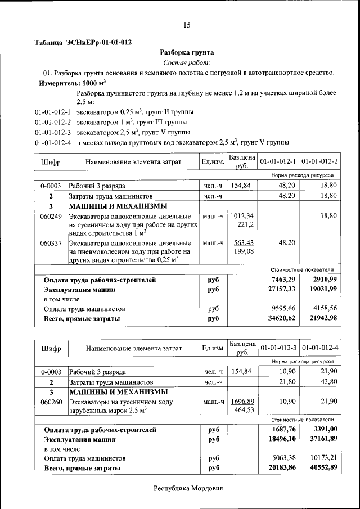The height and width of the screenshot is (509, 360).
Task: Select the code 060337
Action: click(x=51, y=243)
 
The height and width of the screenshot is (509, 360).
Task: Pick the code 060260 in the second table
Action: click(x=51, y=402)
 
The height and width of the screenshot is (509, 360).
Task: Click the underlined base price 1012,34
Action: click(x=242, y=216)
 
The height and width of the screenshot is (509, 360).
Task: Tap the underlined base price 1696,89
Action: click(x=242, y=402)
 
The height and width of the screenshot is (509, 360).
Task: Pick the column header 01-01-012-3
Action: click(x=278, y=349)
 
